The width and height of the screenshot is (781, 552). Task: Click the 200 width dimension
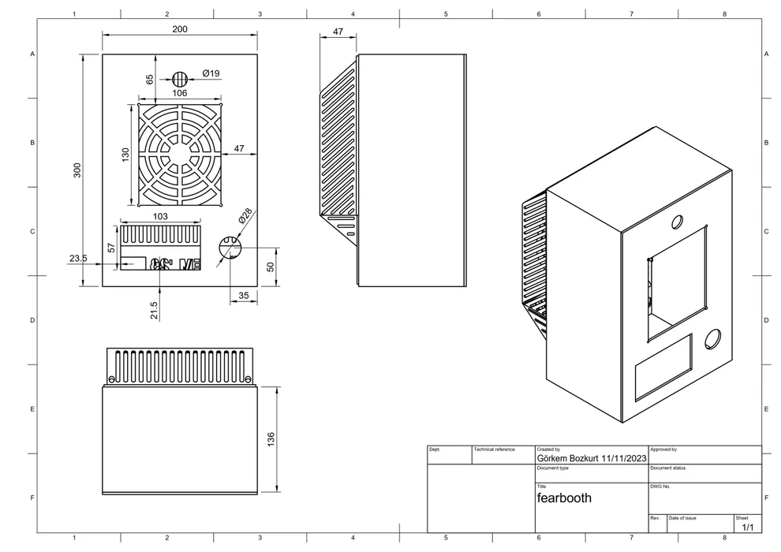(x=179, y=29)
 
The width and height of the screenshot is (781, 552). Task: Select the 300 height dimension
(x=77, y=170)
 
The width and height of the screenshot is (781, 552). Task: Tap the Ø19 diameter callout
(x=211, y=73)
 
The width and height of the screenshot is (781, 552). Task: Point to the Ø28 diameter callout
(x=245, y=215)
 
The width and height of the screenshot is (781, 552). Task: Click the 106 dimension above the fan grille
(x=179, y=93)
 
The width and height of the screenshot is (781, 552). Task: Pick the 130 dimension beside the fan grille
(x=125, y=155)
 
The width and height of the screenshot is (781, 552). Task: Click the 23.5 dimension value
(x=78, y=258)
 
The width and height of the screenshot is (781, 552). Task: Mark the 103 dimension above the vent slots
(x=159, y=216)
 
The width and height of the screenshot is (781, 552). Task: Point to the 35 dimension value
(x=242, y=296)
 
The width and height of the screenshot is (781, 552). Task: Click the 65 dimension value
(x=150, y=79)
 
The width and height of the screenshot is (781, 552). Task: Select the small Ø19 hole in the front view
(x=180, y=79)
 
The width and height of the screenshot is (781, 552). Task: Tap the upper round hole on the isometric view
(x=677, y=222)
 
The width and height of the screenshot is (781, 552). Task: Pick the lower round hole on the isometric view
(x=712, y=338)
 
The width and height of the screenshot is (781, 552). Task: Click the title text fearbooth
(x=564, y=498)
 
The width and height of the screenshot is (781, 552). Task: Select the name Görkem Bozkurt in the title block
(x=567, y=457)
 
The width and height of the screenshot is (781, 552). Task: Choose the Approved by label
(x=663, y=449)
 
